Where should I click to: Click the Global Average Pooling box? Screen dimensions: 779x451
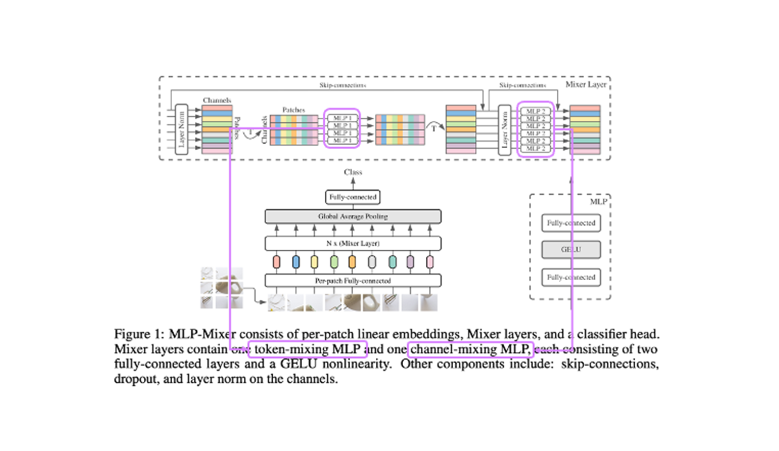coord(353,216)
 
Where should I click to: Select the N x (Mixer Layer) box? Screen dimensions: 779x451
coord(353,243)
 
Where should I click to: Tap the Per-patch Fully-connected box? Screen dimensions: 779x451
coord(353,281)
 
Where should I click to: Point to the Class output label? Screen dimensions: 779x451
coord(353,172)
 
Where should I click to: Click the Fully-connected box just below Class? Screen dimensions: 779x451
coord(353,197)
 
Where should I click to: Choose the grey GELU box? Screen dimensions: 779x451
coord(571,250)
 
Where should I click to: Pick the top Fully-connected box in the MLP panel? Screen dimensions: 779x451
coord(571,223)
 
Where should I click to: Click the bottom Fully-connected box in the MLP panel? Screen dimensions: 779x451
coord(571,277)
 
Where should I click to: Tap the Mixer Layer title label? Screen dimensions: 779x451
coord(586,84)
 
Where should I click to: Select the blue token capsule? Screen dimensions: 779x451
coord(296,262)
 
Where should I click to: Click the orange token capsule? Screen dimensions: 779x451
coord(352,262)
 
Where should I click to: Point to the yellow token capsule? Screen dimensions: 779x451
coord(314,262)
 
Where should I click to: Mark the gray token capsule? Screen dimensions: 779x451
coord(372,262)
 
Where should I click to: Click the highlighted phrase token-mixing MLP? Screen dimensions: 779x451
coord(307,349)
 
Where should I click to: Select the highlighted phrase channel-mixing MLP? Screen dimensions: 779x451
coord(470,349)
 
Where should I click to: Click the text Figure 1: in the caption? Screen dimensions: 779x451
coord(139,334)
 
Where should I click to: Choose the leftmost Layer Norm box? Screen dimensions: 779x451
coord(182,130)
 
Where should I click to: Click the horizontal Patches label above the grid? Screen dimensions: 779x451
coord(293,110)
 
